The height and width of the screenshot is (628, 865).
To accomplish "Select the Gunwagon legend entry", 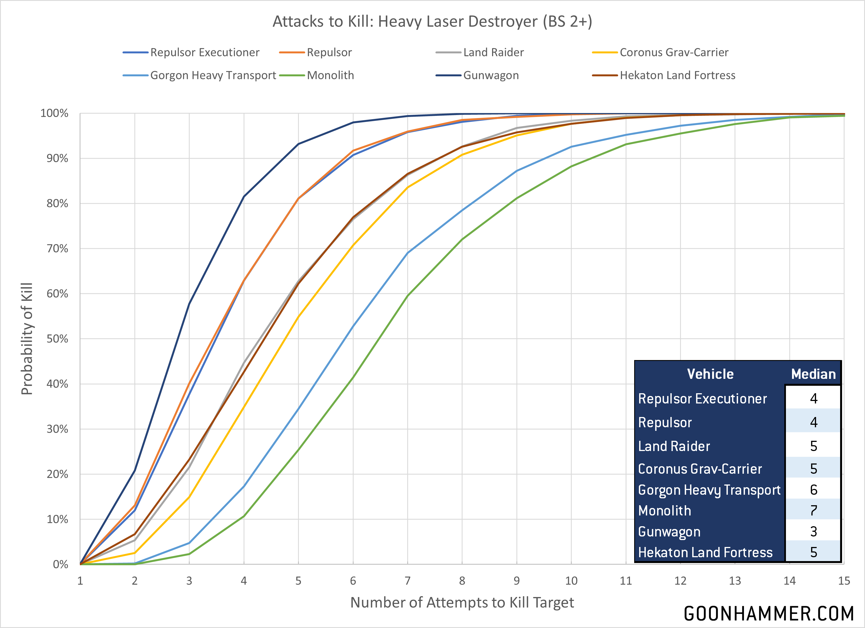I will tap(491, 75).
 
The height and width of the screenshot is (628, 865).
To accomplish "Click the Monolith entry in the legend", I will tap(330, 75).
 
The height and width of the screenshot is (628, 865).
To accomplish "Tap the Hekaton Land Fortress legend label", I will tap(677, 75).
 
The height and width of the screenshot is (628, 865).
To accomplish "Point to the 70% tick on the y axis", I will tap(57, 249).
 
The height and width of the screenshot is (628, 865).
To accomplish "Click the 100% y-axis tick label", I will tap(54, 113).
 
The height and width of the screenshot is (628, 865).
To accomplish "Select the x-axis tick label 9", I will tap(516, 581).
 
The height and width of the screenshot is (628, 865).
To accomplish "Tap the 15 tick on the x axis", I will tap(844, 581).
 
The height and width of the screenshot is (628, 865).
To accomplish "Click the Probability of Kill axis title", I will tap(27, 339).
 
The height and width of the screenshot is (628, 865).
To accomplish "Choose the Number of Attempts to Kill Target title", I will tap(462, 603).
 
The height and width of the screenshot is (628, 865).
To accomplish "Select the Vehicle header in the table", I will tap(710, 374).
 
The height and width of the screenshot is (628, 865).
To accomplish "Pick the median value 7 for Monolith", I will tap(814, 510).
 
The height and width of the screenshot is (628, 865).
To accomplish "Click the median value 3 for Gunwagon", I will tap(814, 531).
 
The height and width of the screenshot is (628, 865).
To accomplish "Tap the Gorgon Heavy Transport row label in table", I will tap(709, 490).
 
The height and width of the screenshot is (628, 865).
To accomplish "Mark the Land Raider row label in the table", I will tap(674, 446).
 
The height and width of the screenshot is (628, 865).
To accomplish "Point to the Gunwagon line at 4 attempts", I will tap(244, 197).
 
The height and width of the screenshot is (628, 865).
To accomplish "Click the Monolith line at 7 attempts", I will tap(407, 296).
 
